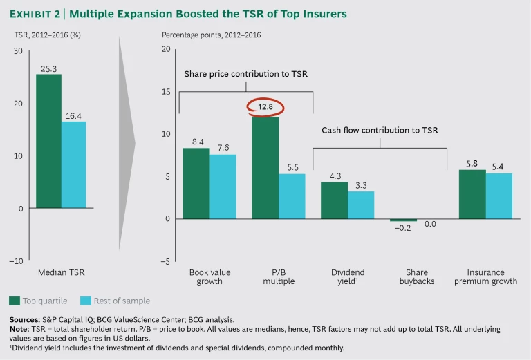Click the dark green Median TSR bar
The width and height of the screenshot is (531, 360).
tap(48, 140)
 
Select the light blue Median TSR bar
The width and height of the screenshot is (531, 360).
tap(73, 164)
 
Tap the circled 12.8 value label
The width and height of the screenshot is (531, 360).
tap(266, 107)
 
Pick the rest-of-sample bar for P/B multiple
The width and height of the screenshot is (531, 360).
tap(292, 196)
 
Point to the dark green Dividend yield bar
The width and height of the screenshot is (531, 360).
tap(334, 200)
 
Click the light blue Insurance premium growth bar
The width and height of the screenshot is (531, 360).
tap(499, 196)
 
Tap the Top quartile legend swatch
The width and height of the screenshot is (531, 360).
tap(14, 301)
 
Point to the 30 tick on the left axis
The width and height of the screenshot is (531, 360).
tap(17, 50)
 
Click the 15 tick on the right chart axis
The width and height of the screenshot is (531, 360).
tap(165, 91)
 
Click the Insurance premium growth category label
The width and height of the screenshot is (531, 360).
tap(485, 276)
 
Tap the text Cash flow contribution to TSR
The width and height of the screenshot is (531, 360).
tap(380, 130)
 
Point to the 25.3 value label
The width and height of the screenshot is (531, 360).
tap(48, 68)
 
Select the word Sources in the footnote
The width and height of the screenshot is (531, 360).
tap(24, 320)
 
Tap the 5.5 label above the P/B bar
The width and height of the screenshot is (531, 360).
tap(292, 167)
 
